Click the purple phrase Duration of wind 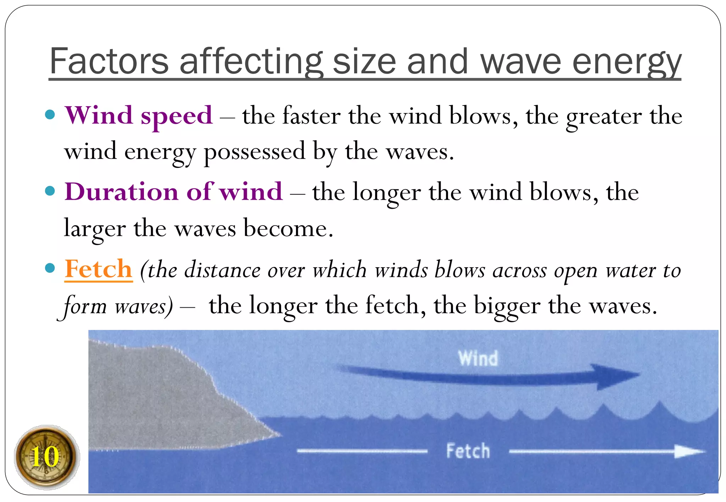(173, 192)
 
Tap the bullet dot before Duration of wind (50, 191)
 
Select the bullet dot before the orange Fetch (50, 268)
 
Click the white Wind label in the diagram (478, 358)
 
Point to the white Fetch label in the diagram (468, 451)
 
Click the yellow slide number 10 (45, 457)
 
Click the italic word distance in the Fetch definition (222, 270)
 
